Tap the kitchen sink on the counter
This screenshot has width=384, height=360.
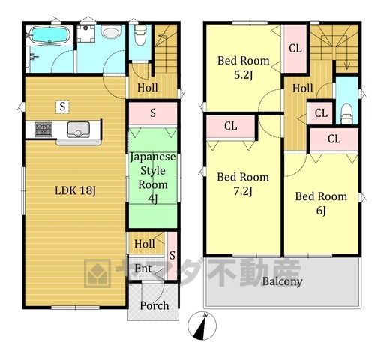(x=78, y=129)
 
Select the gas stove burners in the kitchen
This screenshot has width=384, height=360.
(x=43, y=129)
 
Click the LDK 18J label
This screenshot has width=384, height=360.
(x=75, y=191)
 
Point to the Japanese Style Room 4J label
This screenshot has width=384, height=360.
(x=153, y=178)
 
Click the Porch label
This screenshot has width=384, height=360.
(x=154, y=305)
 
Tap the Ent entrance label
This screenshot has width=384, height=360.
(x=143, y=268)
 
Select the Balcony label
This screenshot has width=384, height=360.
(x=282, y=281)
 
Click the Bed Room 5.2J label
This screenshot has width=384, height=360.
(x=244, y=67)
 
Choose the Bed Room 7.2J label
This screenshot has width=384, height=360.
(x=243, y=184)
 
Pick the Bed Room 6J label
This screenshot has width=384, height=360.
(x=321, y=203)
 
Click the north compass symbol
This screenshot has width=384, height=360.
(x=202, y=325)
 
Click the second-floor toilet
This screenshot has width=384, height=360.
(x=346, y=114)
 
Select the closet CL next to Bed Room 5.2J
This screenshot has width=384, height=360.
(x=295, y=48)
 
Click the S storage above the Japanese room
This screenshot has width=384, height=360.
(x=153, y=113)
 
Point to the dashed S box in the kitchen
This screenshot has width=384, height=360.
(x=62, y=106)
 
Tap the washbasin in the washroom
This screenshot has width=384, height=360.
(x=111, y=32)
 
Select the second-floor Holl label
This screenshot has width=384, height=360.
(x=303, y=88)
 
